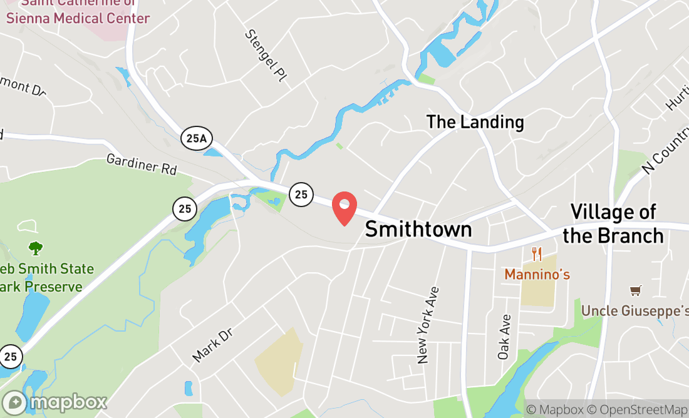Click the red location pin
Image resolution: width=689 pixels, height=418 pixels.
pyautogui.click(x=344, y=207)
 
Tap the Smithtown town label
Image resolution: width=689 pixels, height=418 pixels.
pyautogui.click(x=418, y=229)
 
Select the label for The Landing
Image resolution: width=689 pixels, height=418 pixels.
pyautogui.click(x=475, y=122)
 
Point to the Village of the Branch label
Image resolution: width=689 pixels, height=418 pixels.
pyautogui.click(x=613, y=223)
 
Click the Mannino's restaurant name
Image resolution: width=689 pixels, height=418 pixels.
pyautogui.click(x=537, y=274)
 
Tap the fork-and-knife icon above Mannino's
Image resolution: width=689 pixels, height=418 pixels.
pyautogui.click(x=536, y=254)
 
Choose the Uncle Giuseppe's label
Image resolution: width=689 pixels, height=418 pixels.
pyautogui.click(x=635, y=310)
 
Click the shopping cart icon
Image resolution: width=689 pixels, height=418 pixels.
pyautogui.click(x=635, y=290)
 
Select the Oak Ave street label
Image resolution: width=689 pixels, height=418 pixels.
pyautogui.click(x=504, y=337)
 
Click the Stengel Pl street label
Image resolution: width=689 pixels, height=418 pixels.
pyautogui.click(x=264, y=56)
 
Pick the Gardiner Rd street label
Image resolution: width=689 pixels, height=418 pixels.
pyautogui.click(x=142, y=165)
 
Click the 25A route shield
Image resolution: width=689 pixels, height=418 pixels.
pyautogui.click(x=196, y=138)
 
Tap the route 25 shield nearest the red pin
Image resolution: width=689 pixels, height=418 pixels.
pyautogui.click(x=301, y=195)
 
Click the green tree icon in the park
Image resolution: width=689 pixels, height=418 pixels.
pyautogui.click(x=36, y=248)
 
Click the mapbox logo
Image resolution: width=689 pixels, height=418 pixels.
pyautogui.click(x=54, y=402)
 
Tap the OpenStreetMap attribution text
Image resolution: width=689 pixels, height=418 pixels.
pyautogui.click(x=640, y=410)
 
